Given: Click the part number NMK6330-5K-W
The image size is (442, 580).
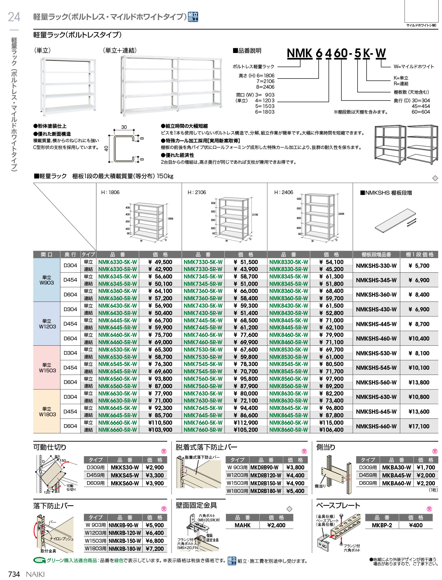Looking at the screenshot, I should [117, 262].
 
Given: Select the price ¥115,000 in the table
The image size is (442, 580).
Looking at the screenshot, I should [331, 422].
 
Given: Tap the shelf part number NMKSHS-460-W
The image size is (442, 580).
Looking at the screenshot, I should [376, 339].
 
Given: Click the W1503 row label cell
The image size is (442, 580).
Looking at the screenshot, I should [47, 367].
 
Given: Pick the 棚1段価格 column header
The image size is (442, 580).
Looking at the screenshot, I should [419, 254].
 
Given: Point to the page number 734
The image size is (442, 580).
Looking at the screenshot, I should [14, 574].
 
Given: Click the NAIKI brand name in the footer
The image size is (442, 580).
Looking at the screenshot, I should [35, 574].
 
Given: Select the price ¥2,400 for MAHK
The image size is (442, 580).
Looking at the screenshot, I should [276, 525].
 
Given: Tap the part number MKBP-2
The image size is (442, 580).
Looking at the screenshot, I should [382, 525].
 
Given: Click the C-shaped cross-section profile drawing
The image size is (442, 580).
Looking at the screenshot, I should [124, 148].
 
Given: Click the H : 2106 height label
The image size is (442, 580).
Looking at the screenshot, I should [197, 192].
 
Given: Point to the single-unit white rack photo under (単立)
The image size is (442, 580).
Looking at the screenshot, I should [68, 86].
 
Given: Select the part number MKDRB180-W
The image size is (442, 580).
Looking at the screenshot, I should [266, 491].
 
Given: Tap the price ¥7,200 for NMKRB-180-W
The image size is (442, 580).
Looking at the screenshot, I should [155, 549].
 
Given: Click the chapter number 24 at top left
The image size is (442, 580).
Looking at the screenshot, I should [14, 17].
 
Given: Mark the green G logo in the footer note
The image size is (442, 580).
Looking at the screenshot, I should [39, 560].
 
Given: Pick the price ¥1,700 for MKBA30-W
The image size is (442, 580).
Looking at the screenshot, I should [426, 467].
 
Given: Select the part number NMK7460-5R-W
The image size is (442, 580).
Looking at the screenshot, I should [203, 342].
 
